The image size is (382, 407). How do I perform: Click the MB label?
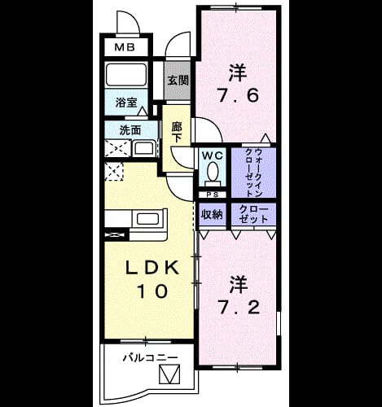125,47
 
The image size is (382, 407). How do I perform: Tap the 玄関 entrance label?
178,81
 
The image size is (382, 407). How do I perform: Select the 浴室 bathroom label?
126,103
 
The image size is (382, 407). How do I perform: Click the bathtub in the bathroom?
126,75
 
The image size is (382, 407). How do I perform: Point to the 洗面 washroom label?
130,130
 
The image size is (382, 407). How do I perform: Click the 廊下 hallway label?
177,133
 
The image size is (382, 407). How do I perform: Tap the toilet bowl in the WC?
213,171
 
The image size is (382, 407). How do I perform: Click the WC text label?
213,155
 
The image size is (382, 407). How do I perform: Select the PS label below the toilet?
213,195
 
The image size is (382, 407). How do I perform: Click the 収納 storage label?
212,215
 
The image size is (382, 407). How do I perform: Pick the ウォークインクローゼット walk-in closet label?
253,173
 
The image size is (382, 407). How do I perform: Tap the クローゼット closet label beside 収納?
253,214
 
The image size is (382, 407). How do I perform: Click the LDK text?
152,268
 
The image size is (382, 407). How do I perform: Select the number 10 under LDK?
153,291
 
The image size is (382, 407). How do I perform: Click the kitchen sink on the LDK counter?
147,219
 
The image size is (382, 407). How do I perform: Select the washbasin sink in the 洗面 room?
144,149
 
